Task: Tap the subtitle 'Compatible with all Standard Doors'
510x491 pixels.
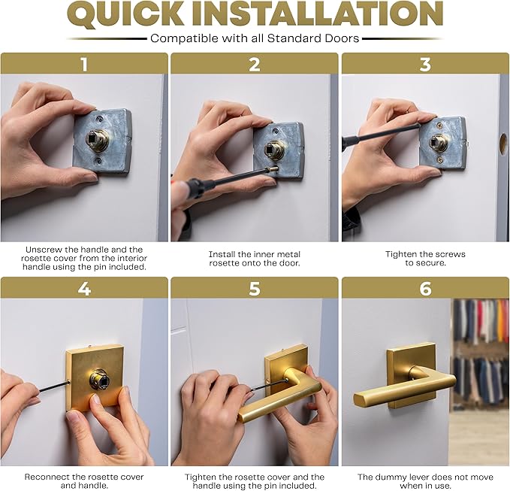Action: click(255, 38)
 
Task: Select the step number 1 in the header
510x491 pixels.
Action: click(84, 64)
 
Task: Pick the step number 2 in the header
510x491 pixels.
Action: click(255, 64)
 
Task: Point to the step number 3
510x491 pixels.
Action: click(425, 64)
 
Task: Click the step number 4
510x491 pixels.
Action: click(84, 288)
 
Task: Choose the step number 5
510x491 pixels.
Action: click(255, 288)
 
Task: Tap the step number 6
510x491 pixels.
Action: click(425, 288)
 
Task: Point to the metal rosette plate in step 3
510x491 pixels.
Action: click(443, 142)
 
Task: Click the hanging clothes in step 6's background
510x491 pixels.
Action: click(481, 353)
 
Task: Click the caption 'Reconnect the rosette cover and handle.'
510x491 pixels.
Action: click(84, 481)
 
